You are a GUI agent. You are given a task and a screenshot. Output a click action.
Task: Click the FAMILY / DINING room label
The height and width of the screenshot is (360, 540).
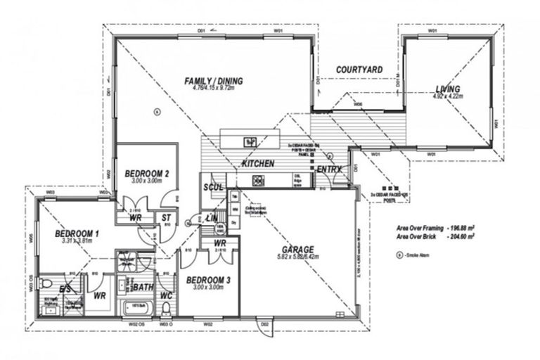[213, 82]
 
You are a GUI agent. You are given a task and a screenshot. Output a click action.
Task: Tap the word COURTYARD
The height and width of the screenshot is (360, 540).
[359, 70]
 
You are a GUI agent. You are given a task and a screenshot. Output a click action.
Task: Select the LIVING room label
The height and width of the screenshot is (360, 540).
[447, 89]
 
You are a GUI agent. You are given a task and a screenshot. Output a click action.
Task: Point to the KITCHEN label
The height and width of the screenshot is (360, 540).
[258, 163]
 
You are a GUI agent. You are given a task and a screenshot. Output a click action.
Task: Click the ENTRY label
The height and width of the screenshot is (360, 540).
[329, 169]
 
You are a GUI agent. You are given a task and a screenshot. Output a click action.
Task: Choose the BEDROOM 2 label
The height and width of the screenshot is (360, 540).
[146, 173]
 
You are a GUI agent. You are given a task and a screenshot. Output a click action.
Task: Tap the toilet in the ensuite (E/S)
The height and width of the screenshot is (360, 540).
[46, 284]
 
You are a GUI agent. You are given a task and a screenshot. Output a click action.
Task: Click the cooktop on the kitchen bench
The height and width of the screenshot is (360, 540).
[257, 181]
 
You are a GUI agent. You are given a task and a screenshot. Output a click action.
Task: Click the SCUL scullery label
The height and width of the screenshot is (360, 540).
[212, 187]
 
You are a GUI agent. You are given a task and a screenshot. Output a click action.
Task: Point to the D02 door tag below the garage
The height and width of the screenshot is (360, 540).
[265, 324]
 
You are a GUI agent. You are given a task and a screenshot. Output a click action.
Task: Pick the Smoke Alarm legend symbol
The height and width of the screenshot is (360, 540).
[400, 255]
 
